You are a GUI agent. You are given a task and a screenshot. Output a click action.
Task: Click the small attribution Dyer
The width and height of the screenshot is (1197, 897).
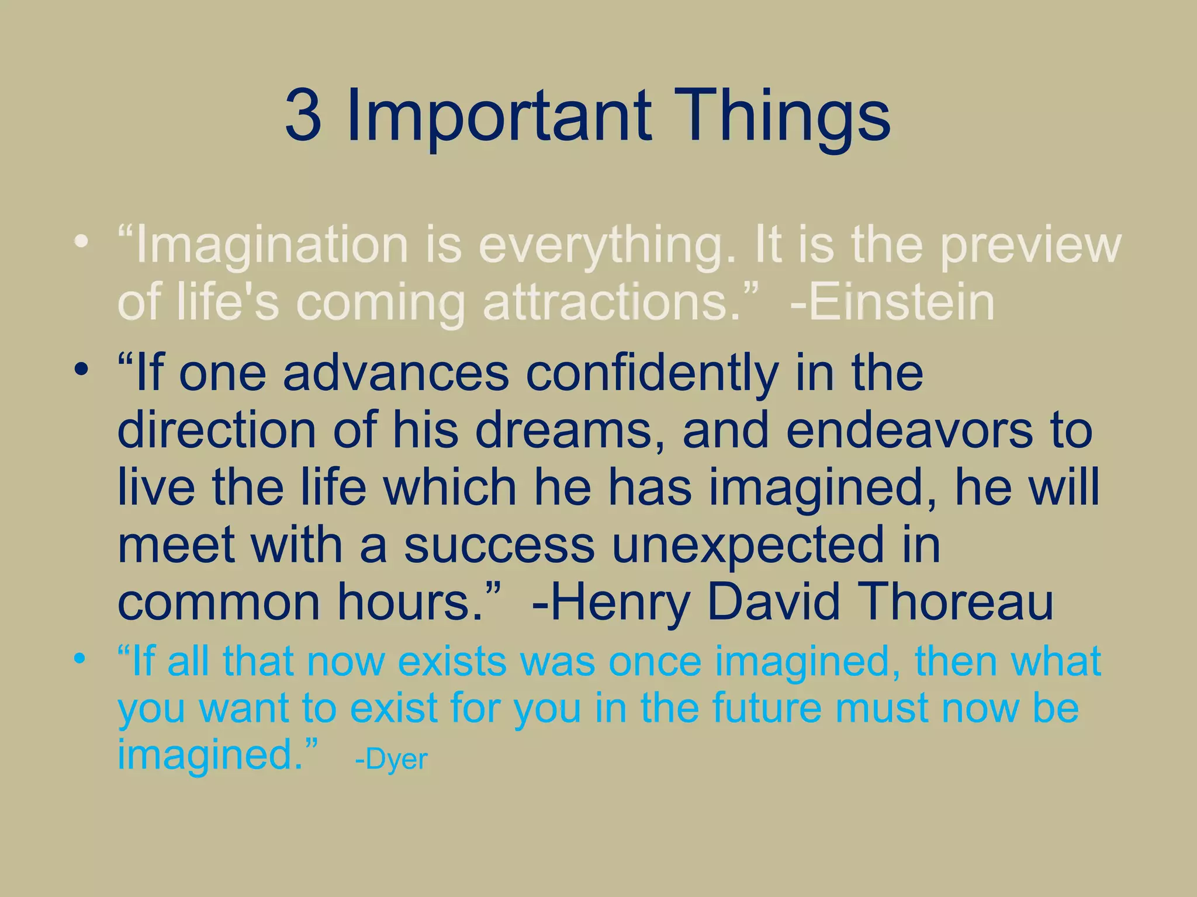(397, 759)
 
